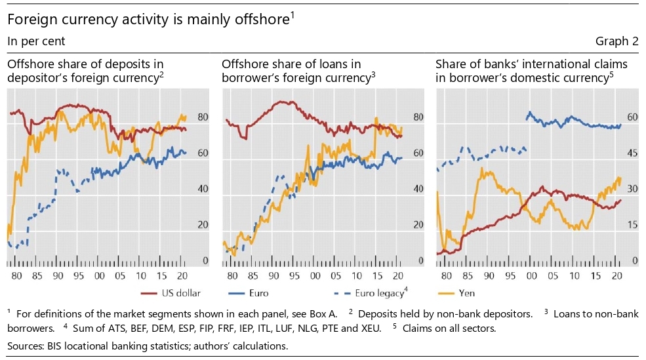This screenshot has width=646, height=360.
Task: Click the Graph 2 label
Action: coord(616,41)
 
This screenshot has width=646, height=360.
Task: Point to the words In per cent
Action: coord(36,41)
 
